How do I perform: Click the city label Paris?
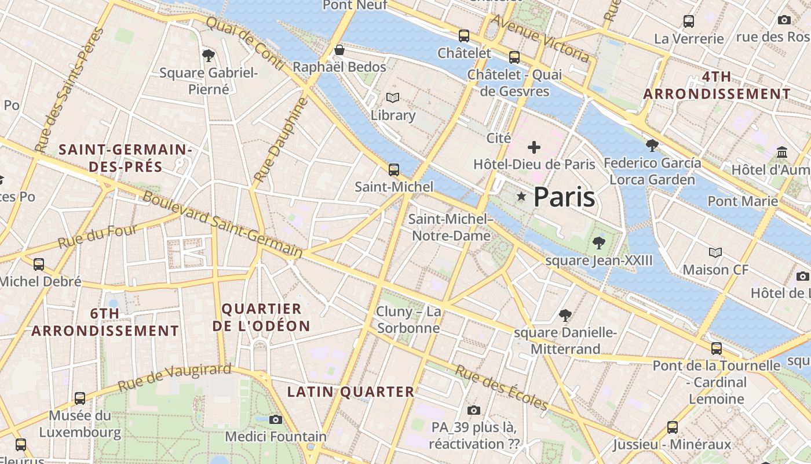point(564,197)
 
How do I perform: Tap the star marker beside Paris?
point(521,197)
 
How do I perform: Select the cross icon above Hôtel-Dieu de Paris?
point(534,147)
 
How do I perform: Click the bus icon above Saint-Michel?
point(394,170)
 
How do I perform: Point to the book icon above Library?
point(393,98)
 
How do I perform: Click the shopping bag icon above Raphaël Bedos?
point(339,50)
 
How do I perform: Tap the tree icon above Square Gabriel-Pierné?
point(209,56)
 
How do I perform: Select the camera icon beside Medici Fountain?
point(276,419)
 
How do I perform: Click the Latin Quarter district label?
point(351,392)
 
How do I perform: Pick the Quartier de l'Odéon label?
point(261,317)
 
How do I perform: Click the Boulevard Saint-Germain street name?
point(223,224)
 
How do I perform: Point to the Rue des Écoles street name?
point(501,387)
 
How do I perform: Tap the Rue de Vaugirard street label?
point(174,377)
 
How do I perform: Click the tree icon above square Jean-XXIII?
point(599,243)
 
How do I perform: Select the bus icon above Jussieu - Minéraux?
point(673,427)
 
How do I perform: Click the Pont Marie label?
point(743,201)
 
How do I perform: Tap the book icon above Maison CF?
point(716,252)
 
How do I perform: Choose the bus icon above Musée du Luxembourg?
point(80,398)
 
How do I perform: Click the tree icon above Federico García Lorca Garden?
point(652,145)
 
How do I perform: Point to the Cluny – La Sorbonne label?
point(408,320)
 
